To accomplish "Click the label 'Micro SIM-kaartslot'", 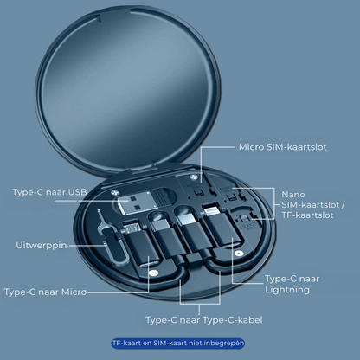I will pos(282,146).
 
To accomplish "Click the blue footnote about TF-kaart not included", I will pos(178,344).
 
